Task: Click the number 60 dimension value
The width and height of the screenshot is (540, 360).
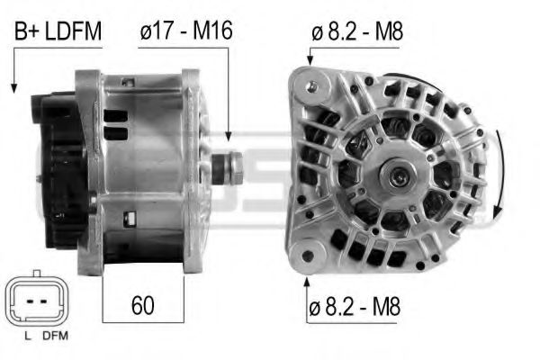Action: tap(142, 304)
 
